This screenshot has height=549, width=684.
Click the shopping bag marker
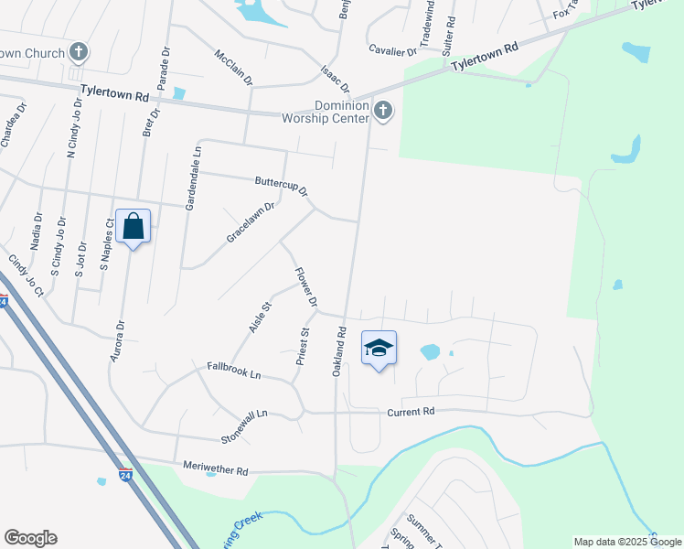point(133,226)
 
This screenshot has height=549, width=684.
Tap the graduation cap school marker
point(379,348)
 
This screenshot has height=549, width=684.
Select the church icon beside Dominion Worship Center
point(383,112)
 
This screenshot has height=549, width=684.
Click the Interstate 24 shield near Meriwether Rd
point(125,476)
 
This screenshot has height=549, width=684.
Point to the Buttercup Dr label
point(282,186)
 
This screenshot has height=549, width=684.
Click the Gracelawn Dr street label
point(251,222)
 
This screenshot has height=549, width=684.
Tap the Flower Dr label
point(306,287)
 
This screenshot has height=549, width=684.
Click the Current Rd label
point(410,412)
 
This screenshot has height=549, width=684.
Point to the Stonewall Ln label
point(243,426)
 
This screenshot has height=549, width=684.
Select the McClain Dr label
point(233,68)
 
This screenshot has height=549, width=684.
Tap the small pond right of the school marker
point(430,351)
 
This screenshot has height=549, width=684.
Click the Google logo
point(30,538)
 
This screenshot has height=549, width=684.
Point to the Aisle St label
point(261,317)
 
